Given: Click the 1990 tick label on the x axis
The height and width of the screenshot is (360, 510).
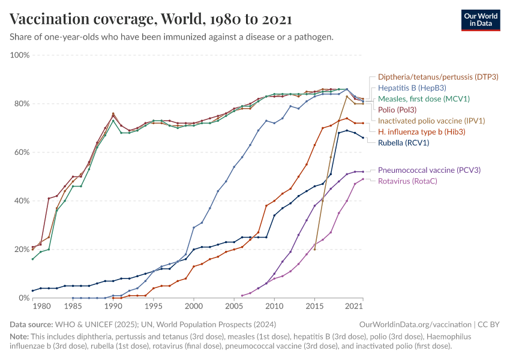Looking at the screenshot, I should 113,307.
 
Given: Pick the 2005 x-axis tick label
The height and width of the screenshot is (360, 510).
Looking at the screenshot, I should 234,307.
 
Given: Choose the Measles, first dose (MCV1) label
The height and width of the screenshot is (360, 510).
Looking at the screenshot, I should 424,99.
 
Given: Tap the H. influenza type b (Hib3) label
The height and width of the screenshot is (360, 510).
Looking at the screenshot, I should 422,131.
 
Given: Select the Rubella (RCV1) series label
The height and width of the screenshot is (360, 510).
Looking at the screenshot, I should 403,143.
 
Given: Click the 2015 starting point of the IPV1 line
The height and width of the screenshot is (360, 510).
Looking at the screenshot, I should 314,249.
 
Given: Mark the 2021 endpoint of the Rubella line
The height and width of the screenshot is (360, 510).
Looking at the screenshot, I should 362,138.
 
